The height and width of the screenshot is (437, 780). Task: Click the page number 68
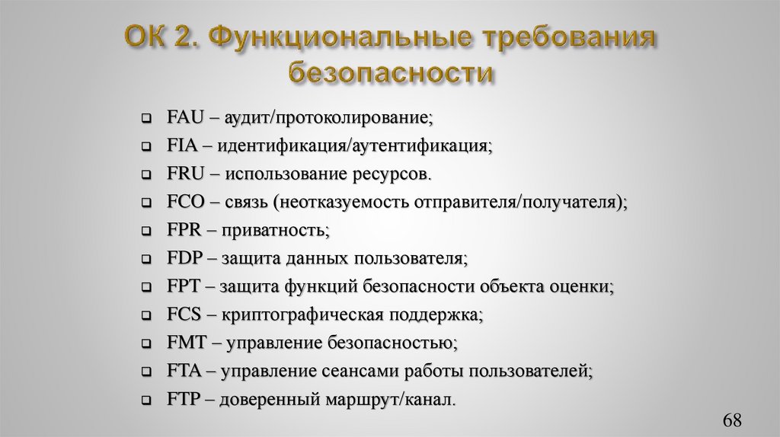(733, 420)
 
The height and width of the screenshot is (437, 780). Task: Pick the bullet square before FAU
(146, 119)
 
